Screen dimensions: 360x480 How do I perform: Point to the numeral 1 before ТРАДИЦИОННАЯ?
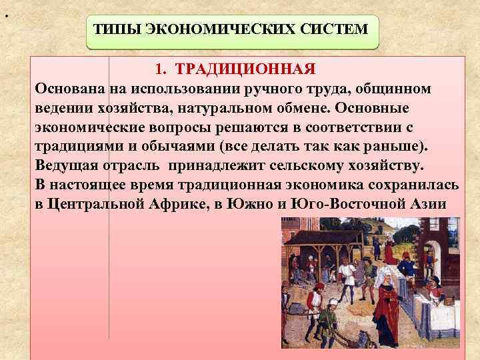(159, 69)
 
